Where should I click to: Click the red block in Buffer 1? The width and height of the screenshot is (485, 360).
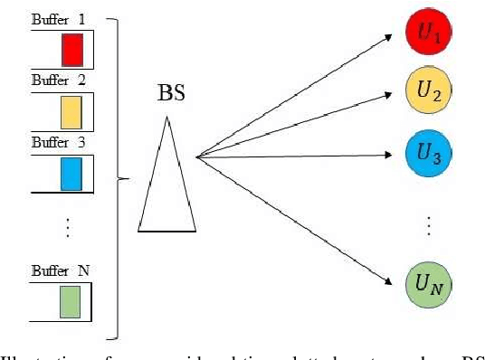72,50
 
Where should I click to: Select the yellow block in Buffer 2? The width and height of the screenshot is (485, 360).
72,111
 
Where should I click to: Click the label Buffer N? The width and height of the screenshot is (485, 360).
56,269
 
